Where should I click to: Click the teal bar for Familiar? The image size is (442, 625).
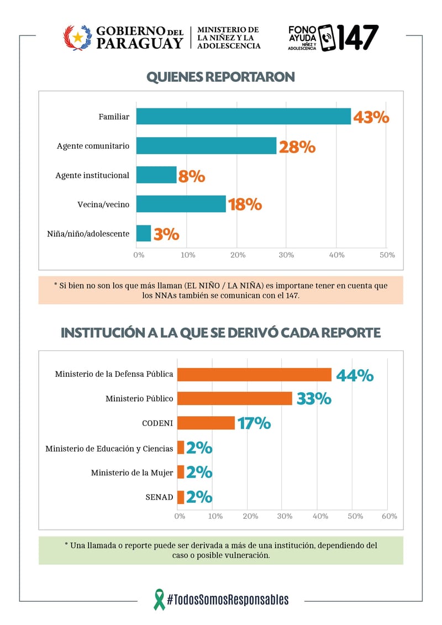tap(244, 117)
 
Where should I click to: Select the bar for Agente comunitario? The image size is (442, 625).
tap(206, 145)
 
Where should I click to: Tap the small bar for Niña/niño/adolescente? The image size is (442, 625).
tap(144, 233)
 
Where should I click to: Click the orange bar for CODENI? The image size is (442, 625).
tap(206, 423)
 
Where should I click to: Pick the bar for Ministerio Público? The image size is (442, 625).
tap(235, 398)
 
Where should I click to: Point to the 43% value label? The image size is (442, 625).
tap(371, 117)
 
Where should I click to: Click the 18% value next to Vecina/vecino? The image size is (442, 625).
tap(245, 204)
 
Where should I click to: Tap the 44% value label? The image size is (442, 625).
tap(355, 375)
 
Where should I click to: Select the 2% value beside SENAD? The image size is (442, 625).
tap(199, 497)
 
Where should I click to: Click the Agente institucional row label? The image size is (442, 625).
tap(92, 175)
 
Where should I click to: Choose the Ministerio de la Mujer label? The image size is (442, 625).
tap(132, 472)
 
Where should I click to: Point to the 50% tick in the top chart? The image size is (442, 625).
tap(387, 255)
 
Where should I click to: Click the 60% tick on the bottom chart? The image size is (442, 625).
tap(389, 516)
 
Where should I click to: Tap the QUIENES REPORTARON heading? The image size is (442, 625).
tap(221, 76)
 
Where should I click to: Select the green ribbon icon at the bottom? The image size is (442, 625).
tap(160, 600)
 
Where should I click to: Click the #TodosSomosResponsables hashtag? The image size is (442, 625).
tap(228, 600)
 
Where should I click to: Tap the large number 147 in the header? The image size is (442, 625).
tap(358, 38)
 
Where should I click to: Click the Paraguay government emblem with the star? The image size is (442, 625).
tap(77, 38)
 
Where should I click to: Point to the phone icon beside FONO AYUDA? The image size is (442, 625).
tap(327, 38)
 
